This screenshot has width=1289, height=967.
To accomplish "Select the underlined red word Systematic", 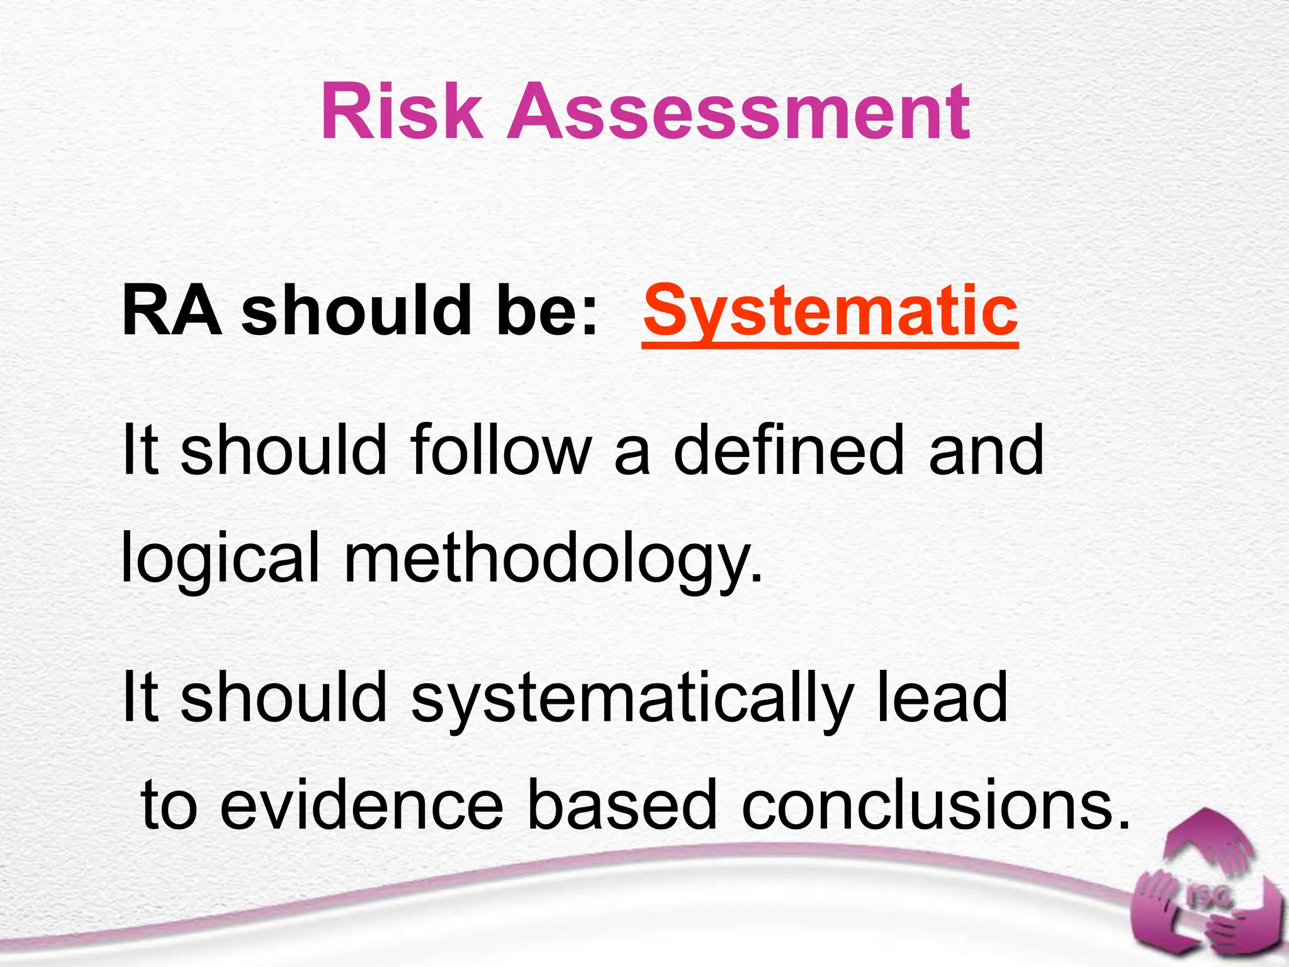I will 830,311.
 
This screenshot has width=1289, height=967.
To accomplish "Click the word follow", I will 501,450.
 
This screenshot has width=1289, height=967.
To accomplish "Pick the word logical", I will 220,558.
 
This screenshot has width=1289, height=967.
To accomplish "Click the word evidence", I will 361,805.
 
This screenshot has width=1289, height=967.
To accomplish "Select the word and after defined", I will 986,450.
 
